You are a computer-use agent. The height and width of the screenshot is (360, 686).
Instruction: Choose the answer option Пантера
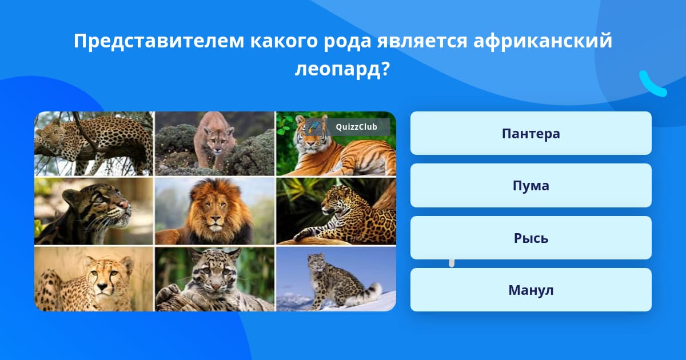(x=531, y=133)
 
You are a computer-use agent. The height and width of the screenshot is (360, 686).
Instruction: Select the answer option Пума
(x=531, y=186)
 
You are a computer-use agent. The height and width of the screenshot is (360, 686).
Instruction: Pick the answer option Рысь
(x=531, y=238)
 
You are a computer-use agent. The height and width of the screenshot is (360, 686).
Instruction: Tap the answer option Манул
(x=531, y=290)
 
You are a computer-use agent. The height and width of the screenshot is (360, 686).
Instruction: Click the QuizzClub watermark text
(x=356, y=127)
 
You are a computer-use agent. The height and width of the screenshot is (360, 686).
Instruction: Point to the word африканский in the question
(x=543, y=41)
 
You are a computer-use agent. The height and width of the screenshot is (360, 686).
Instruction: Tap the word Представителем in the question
(x=159, y=41)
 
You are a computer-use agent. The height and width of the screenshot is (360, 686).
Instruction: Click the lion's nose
(x=216, y=219)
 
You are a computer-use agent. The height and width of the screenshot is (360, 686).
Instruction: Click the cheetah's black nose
(x=102, y=286)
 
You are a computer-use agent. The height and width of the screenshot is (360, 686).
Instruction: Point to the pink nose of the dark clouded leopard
(x=124, y=205)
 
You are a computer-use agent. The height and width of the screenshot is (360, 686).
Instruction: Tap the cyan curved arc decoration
(x=651, y=85)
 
